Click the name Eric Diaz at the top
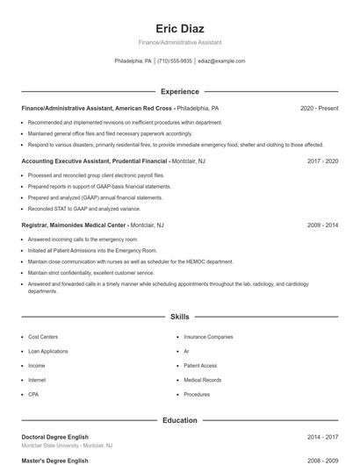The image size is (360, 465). (180, 28)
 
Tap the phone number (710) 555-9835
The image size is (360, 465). (175, 61)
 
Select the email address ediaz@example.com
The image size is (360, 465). (221, 61)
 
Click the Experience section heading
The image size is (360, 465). (180, 91)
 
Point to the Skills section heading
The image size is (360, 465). (180, 316)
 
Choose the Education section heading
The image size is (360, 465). (180, 420)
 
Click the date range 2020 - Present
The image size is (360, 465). (319, 109)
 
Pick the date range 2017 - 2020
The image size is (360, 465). (322, 161)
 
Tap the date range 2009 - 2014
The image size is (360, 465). (322, 225)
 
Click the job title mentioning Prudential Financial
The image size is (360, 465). (94, 161)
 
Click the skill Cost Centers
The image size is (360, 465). (43, 337)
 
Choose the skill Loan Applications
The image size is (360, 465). (48, 351)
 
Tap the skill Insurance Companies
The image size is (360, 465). (208, 337)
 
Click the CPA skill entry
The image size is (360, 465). (33, 395)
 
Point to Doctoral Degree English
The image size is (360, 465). (55, 436)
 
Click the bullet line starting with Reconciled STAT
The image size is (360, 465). (83, 209)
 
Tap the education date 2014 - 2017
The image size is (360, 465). (322, 436)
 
